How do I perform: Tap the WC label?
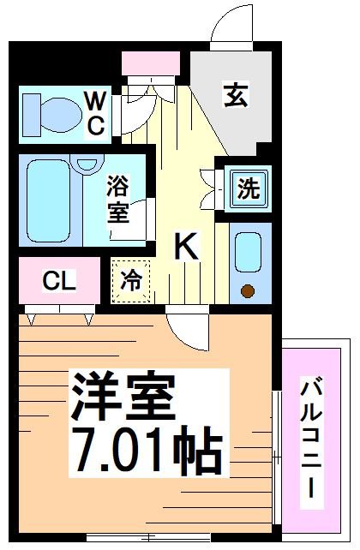(95, 112)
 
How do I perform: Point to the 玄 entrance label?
(235, 95)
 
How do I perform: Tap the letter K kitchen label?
(186, 248)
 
